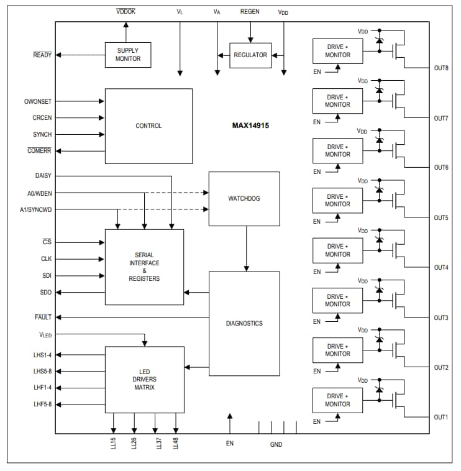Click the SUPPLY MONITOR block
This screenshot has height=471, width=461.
click(128, 55)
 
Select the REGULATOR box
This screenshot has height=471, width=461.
click(250, 55)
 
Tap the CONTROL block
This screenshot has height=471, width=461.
click(148, 126)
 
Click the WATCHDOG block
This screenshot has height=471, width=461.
click(244, 199)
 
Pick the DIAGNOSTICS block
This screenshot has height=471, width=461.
click(244, 323)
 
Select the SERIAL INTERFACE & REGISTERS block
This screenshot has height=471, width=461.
click(144, 267)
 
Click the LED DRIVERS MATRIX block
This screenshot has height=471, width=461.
click(144, 379)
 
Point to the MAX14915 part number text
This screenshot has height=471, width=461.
click(250, 125)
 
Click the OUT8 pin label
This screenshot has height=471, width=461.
click(441, 68)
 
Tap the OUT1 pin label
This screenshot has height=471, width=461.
click(441, 418)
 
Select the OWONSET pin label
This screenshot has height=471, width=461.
click(38, 101)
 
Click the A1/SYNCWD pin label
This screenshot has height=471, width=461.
click(36, 209)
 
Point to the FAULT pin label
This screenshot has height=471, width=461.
click(43, 317)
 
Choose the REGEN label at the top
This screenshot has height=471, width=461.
click(250, 11)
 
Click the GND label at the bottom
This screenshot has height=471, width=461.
click(276, 444)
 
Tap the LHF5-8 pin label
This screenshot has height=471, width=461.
click(42, 405)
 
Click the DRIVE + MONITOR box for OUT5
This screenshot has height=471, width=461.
click(337, 200)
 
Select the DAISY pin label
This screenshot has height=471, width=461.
click(43, 176)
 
